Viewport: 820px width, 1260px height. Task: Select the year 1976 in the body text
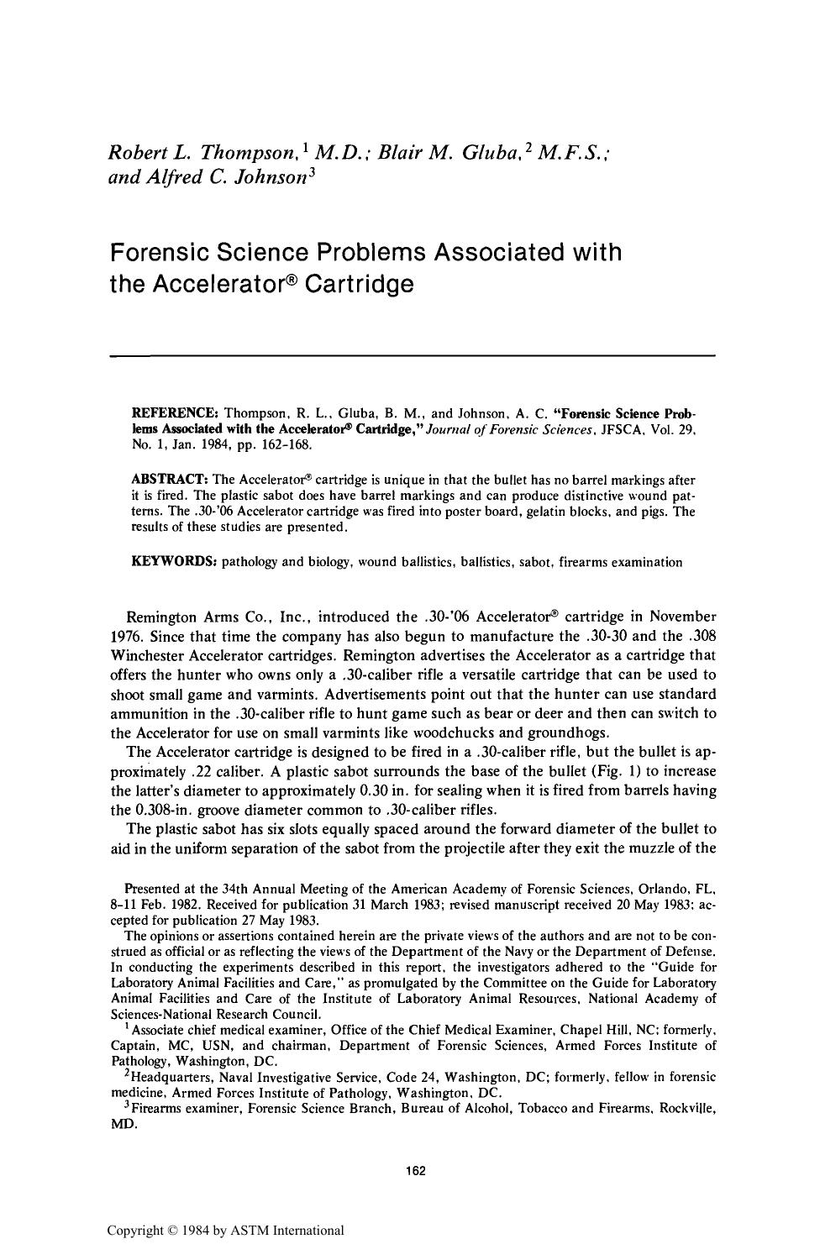pos(127,636)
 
